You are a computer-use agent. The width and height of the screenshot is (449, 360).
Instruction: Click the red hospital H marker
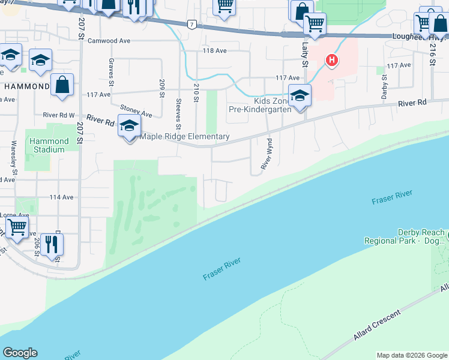pos(331,61)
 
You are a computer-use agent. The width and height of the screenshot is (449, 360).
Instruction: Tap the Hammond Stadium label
pos(46,145)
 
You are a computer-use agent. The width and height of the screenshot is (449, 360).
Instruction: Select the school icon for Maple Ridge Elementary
pos(129,127)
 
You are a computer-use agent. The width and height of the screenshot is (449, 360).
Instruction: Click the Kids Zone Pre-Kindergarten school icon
pos(300,96)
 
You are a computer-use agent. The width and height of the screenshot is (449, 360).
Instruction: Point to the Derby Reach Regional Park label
pos(412,236)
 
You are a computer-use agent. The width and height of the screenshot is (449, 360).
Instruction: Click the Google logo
pos(20,353)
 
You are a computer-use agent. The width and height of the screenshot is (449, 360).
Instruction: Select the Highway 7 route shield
pos(191,25)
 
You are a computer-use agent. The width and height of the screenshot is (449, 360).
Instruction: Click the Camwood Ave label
pos(109,41)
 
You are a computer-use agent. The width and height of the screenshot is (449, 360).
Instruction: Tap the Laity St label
pos(304,55)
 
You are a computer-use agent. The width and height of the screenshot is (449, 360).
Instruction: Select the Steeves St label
pos(178,114)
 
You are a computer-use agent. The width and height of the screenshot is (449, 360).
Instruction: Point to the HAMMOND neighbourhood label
pos(26,86)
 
